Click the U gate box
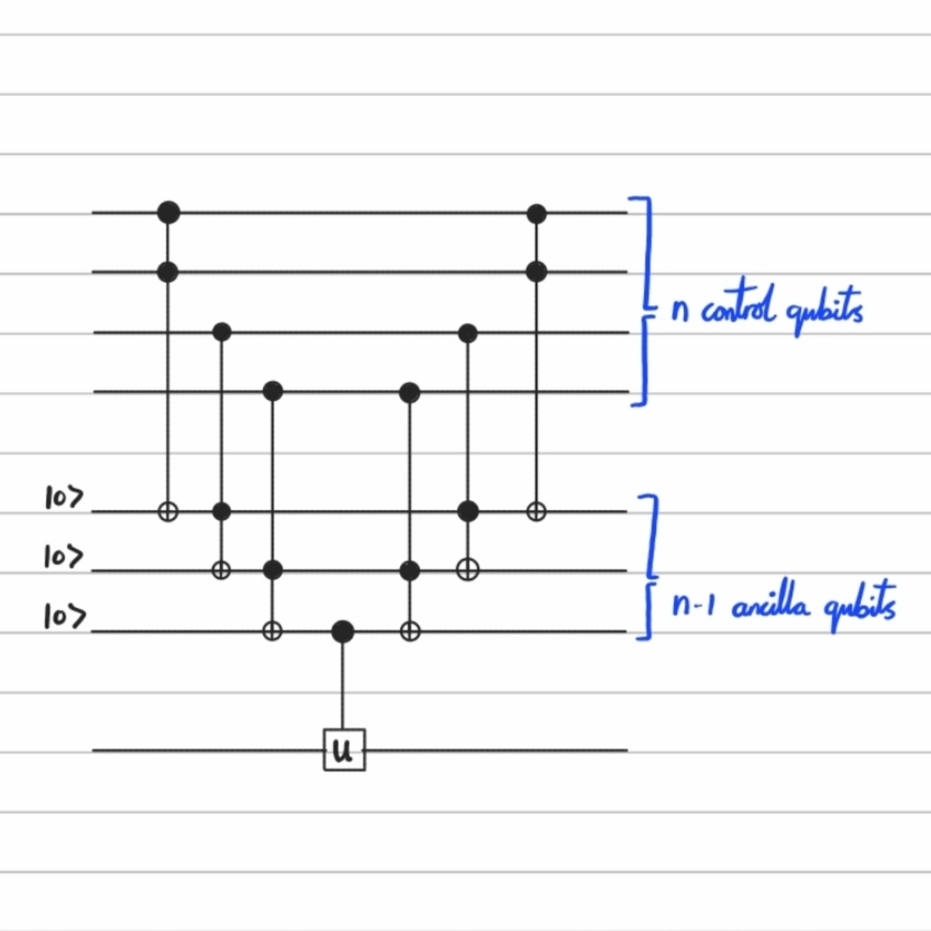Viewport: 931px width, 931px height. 344,750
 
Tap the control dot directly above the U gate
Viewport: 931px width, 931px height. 342,632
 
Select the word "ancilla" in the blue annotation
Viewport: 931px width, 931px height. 770,604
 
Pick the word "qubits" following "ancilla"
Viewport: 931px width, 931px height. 860,604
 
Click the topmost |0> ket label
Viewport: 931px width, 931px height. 64,498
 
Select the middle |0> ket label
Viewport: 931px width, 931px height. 63,557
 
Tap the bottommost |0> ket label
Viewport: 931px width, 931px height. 64,617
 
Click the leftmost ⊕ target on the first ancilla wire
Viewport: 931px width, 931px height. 168,512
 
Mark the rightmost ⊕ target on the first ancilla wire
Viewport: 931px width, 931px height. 536,512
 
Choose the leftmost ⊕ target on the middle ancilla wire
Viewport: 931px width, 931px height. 221,570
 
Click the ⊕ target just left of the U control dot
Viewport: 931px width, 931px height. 272,632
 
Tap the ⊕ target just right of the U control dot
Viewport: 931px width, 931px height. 410,632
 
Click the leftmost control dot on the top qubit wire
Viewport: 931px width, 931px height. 168,211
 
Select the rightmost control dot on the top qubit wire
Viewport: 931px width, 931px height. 536,213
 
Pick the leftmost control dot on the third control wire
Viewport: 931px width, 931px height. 221,331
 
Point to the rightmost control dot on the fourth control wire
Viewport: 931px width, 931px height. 410,392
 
